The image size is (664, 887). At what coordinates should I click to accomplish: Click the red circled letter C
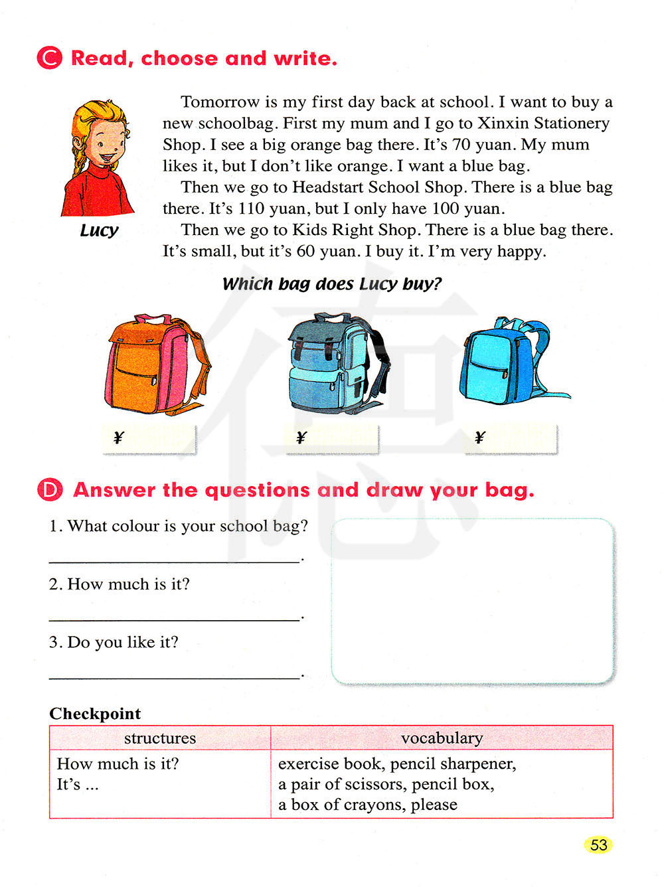pos(49,58)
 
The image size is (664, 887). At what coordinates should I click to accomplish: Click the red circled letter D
pos(50,490)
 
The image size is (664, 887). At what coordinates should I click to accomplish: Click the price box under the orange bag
pos(150,438)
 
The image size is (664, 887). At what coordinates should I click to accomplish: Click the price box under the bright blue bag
pos(511,438)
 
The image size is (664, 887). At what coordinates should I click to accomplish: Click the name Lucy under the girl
pos(99,230)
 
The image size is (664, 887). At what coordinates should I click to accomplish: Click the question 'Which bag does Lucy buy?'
pos(331,284)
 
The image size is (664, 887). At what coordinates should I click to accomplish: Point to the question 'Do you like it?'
pos(114,642)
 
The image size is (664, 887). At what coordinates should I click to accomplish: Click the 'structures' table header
pos(160,738)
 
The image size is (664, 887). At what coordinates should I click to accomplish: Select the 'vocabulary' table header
pos(442,738)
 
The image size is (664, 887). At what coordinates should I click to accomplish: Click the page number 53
pos(598,845)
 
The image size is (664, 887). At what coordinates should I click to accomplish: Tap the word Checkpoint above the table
pos(95,714)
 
